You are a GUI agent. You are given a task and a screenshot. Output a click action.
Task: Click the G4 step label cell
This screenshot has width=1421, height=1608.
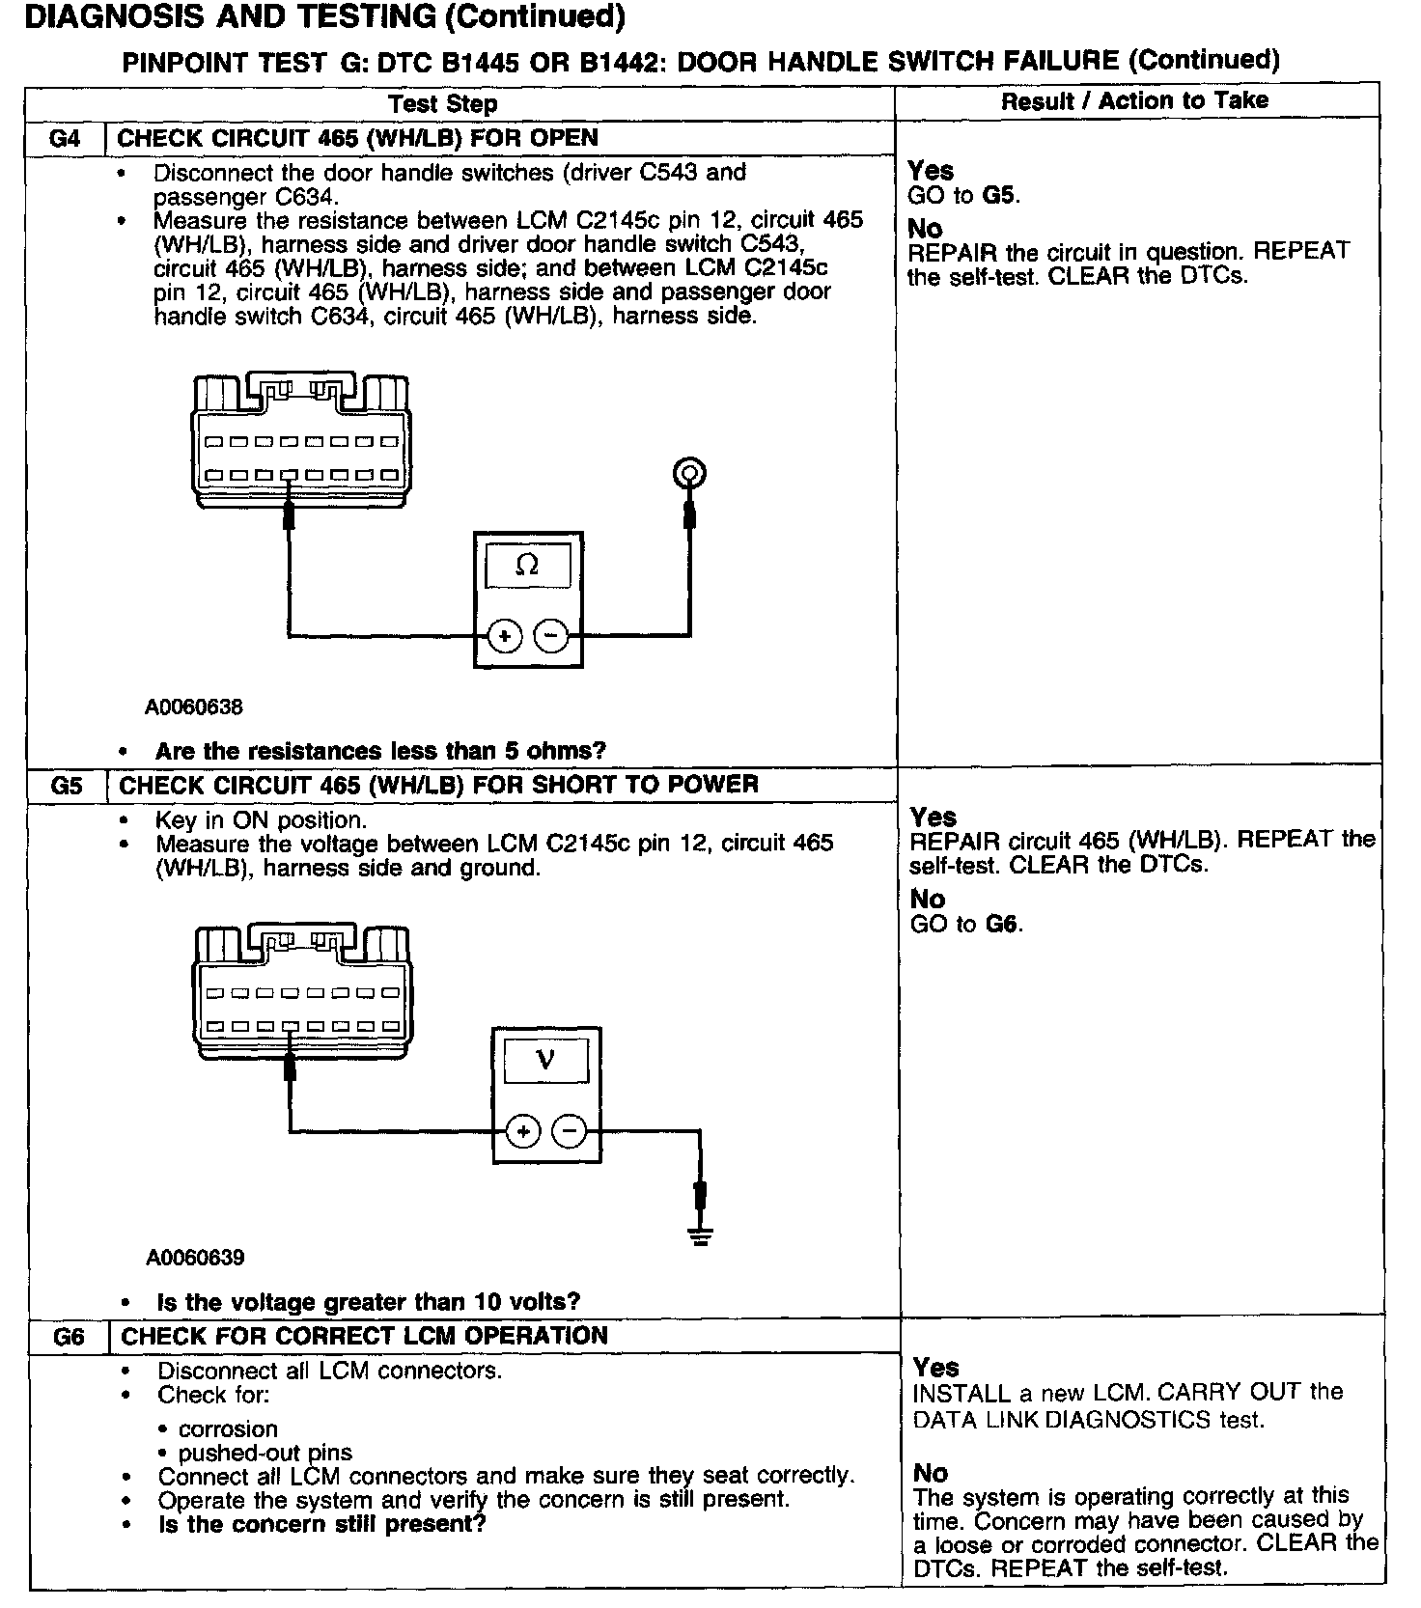pos(65,138)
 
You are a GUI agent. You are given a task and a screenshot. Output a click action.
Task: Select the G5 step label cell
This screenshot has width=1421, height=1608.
pos(67,785)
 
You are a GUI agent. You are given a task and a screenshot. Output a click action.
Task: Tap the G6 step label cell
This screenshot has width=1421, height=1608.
pos(69,1337)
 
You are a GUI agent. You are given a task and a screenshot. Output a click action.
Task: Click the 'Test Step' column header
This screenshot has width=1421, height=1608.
pos(443,104)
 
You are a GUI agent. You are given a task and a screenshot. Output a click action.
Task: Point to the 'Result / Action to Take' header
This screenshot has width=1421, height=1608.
pos(1134,101)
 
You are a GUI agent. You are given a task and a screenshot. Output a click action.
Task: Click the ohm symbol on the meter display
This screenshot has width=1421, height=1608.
pos(527,566)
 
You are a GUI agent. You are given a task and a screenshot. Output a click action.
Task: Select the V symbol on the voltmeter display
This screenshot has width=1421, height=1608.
pos(545,1060)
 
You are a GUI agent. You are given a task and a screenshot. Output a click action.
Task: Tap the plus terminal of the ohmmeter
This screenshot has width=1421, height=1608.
pos(505,636)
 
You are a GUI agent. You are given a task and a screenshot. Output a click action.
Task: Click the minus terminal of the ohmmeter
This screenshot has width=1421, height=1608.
pos(551,636)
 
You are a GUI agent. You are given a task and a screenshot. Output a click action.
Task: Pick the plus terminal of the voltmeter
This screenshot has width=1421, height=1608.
pos(523,1131)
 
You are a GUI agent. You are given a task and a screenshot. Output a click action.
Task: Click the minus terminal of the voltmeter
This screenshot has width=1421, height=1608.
pos(570,1131)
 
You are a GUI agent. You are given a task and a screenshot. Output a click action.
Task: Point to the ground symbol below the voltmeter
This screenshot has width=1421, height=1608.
pos(702,1234)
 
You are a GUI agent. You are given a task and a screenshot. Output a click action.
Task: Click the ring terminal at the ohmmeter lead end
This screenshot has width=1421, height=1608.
pos(688,473)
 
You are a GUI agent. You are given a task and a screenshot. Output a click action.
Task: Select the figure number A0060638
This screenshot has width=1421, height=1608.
pos(194,707)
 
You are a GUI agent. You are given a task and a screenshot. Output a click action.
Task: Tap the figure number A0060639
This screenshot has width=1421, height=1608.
pos(196,1258)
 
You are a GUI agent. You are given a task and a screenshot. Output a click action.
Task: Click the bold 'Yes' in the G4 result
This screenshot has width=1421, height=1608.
pos(931,171)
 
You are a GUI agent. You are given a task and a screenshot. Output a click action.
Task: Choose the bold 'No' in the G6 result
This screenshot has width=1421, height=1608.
pos(930,1473)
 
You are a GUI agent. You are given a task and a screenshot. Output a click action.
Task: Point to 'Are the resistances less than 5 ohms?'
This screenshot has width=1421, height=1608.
pos(380,751)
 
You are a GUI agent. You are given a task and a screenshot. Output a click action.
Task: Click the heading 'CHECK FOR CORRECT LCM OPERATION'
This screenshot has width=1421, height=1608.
pos(364,1336)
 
